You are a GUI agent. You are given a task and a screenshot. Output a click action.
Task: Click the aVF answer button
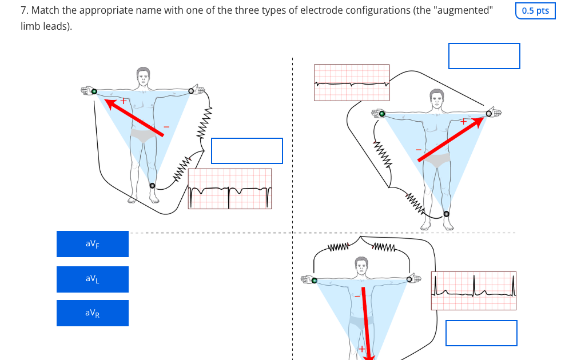click(x=92, y=244)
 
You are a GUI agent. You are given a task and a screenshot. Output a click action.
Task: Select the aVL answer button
click(x=92, y=279)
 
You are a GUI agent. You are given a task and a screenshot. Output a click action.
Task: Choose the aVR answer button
click(x=92, y=313)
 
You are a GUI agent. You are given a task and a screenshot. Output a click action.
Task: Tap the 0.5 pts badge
click(x=535, y=11)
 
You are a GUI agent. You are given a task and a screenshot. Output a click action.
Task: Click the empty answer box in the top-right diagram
click(x=484, y=56)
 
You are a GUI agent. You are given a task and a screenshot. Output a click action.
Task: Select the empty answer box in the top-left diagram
click(x=246, y=151)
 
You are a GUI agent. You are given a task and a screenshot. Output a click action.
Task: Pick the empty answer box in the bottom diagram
click(x=481, y=333)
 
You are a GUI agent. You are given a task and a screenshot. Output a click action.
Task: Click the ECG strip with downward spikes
click(x=229, y=189)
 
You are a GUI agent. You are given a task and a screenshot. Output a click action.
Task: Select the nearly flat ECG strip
click(x=352, y=82)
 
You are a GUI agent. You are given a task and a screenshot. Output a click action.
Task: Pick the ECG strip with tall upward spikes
click(x=474, y=291)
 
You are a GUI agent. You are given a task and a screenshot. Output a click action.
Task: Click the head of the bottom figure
click(x=361, y=266)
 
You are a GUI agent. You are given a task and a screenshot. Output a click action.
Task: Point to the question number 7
click(x=23, y=11)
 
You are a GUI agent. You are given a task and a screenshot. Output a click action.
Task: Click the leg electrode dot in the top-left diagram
click(x=152, y=186)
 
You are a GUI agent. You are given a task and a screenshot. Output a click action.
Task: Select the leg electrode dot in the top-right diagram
click(x=446, y=214)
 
